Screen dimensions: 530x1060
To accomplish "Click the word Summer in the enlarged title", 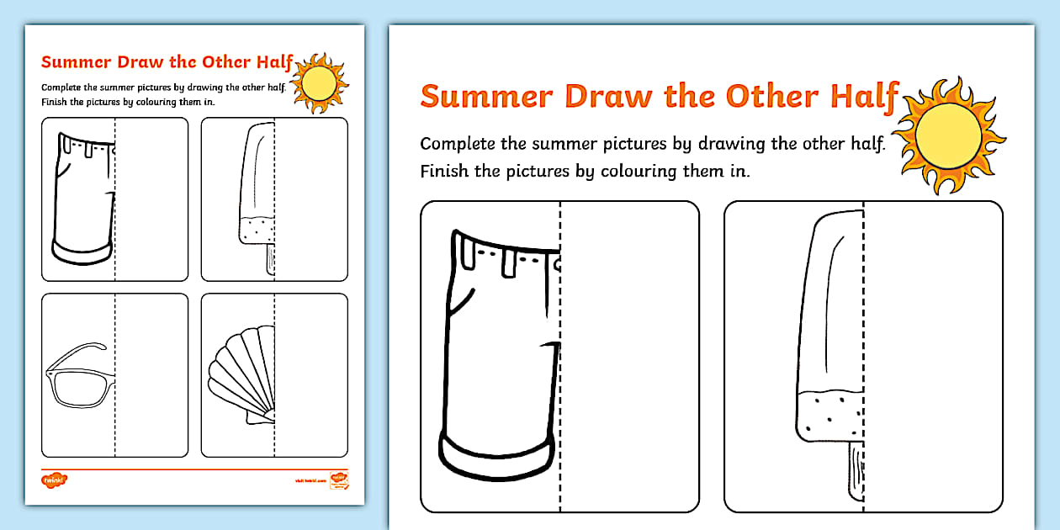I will click(x=487, y=96).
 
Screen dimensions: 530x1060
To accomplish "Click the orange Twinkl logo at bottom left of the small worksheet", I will click(x=54, y=480).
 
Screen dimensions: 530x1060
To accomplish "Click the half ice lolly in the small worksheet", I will click(x=258, y=193).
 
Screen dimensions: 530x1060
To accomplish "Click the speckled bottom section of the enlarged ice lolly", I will click(x=829, y=416).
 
